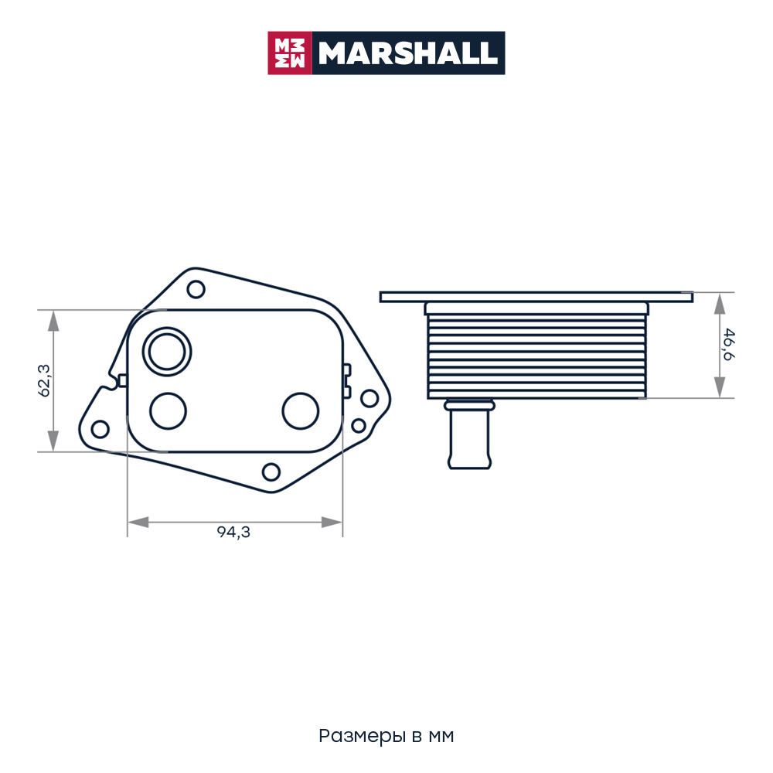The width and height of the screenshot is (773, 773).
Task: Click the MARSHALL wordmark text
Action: coord(407,53)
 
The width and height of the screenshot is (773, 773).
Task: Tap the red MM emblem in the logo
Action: coord(290,53)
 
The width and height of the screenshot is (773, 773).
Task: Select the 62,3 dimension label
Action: coord(44,380)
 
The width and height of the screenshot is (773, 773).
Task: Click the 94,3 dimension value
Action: coord(233,532)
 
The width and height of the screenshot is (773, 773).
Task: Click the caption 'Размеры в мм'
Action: coord(386,736)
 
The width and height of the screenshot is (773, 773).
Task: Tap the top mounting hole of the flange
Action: coord(196,289)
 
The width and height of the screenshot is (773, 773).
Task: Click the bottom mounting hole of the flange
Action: coord(271,472)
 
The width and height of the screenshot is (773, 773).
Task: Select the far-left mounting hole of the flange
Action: coord(100,429)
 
